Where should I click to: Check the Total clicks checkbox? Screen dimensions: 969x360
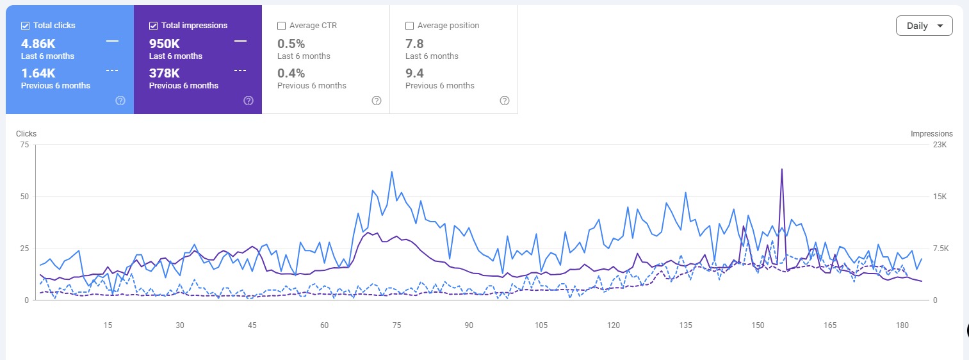click(25, 26)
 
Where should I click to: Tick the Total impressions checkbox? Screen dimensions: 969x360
click(153, 26)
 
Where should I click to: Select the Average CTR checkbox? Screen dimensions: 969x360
click(281, 26)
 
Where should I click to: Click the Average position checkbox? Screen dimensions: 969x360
click(409, 26)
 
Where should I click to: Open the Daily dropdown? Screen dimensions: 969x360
click(924, 26)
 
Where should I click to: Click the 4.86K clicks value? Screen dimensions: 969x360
click(38, 44)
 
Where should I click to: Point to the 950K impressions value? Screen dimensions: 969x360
click(165, 44)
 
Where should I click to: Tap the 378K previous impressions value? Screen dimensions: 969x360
click(165, 73)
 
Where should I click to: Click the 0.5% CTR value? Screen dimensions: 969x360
click(291, 44)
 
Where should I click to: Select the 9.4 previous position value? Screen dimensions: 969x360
click(414, 73)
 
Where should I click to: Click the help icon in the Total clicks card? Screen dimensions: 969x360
click(120, 101)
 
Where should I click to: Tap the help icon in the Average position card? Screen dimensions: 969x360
click(505, 101)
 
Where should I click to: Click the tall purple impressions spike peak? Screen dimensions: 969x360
click(782, 169)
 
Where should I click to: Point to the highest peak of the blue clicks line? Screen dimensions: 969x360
click(392, 172)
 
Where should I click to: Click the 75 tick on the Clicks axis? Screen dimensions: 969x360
click(25, 145)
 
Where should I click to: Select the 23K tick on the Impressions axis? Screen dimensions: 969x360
click(940, 145)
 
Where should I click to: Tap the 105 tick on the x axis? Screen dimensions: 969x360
click(541, 325)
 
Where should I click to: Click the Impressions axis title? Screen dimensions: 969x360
click(931, 134)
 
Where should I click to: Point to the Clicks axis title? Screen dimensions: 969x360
click(26, 134)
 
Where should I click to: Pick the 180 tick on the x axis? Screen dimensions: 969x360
click(902, 325)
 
